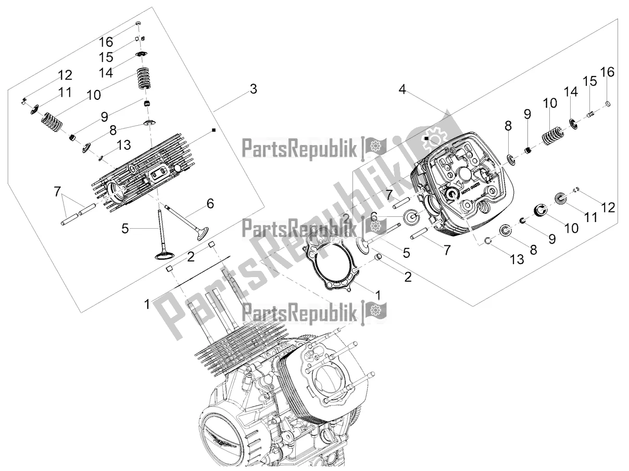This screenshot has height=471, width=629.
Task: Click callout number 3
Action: pyautogui.click(x=253, y=89)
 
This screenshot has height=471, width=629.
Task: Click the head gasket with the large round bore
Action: pyautogui.click(x=331, y=260)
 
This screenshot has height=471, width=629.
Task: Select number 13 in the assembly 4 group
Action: pyautogui.click(x=516, y=258)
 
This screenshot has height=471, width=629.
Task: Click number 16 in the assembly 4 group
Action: pyautogui.click(x=607, y=72)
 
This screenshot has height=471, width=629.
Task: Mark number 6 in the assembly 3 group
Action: pyautogui.click(x=210, y=205)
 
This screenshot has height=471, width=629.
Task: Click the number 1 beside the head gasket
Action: pyautogui.click(x=378, y=295)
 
